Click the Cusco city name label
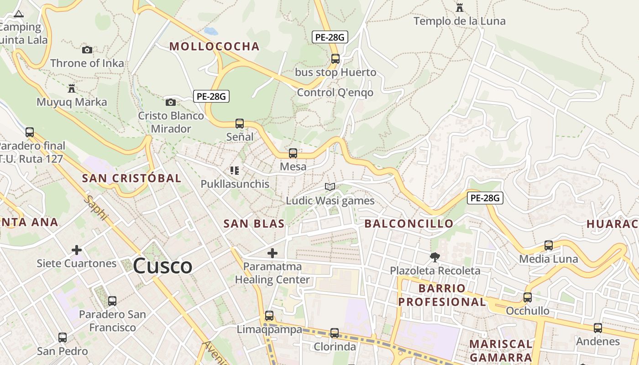[162, 266]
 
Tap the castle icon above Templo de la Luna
[460, 8]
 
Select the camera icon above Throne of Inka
[87, 50]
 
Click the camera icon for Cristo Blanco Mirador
[171, 102]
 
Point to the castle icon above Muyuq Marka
[72, 88]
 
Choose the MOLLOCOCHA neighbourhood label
[214, 46]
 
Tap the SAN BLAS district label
[254, 224]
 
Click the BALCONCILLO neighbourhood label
[409, 224]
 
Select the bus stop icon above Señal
[240, 123]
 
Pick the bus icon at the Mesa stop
[293, 153]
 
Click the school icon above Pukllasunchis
[235, 171]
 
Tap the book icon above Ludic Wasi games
[330, 187]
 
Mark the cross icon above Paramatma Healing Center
[272, 253]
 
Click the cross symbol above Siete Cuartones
[77, 250]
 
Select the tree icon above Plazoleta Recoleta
[435, 257]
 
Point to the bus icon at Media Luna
[549, 245]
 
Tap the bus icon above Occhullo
[528, 297]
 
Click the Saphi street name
[96, 208]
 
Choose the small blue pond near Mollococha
[211, 31]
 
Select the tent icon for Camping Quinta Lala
[18, 13]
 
